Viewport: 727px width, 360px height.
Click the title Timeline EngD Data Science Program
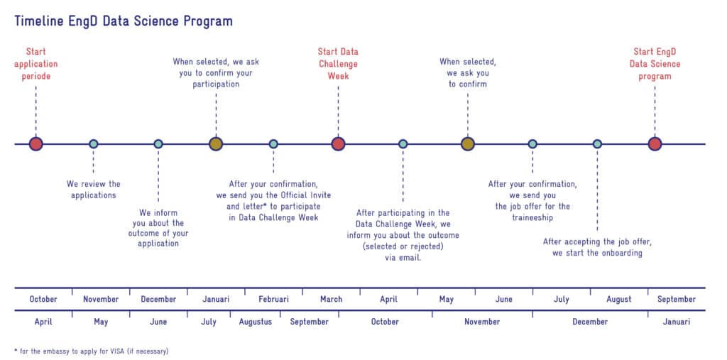[x=123, y=21]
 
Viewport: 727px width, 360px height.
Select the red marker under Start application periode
[x=36, y=144]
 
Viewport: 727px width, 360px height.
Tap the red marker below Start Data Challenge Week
[x=338, y=144]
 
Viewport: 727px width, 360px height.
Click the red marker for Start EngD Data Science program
[x=655, y=144]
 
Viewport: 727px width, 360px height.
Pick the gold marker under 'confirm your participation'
[x=216, y=144]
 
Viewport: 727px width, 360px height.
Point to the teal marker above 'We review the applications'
[x=93, y=144]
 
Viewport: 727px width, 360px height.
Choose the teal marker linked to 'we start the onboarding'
[x=597, y=144]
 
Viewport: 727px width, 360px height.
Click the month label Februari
[x=273, y=300]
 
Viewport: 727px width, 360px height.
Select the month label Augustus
[x=256, y=322]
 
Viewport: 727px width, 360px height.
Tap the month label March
[x=331, y=300]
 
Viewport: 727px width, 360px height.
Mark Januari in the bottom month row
[x=676, y=322]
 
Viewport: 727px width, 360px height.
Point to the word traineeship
[x=532, y=218]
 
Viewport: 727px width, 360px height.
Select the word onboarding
[x=621, y=253]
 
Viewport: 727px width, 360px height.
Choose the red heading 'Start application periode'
[x=35, y=64]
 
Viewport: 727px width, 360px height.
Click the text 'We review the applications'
[x=93, y=190]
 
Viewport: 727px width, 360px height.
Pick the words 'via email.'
[x=403, y=258]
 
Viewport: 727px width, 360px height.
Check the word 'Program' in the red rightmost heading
[x=654, y=76]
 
